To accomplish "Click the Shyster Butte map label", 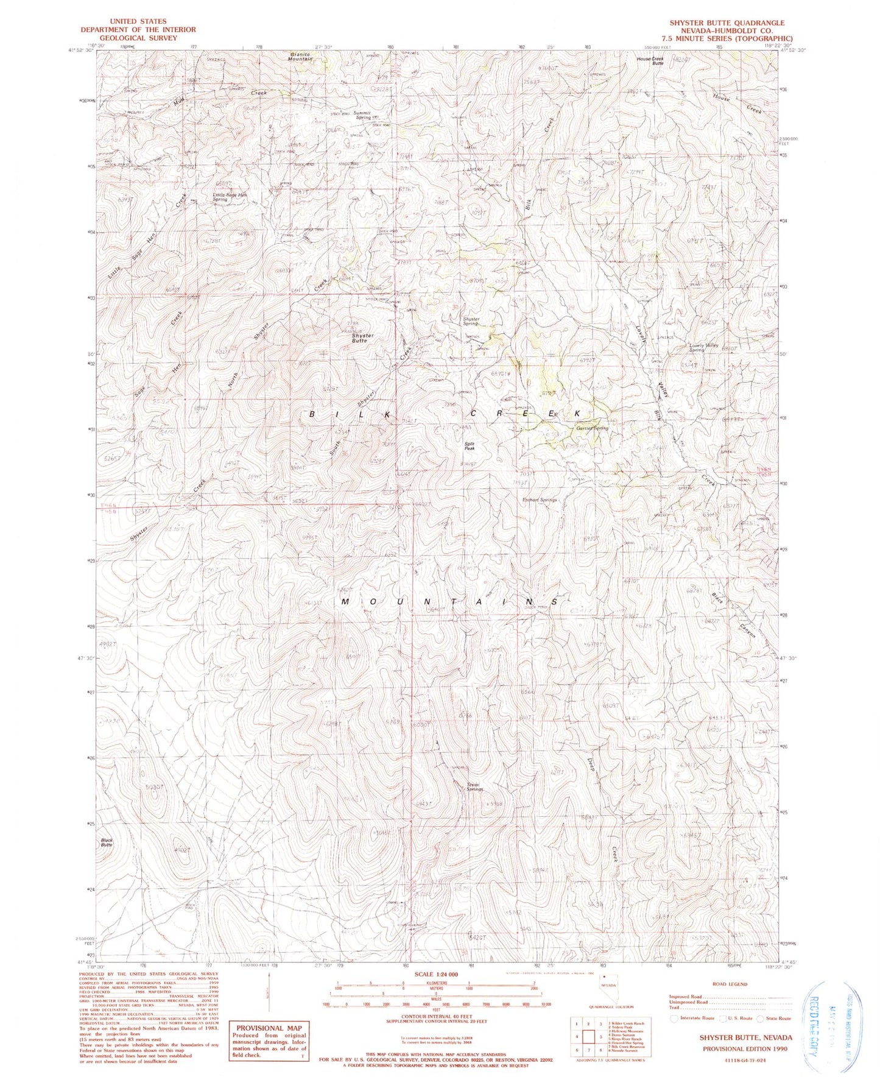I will [363, 338].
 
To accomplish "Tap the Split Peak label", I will [470, 446].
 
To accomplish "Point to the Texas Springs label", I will [473, 786].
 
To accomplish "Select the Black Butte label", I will [107, 842].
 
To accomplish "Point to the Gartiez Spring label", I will [592, 428].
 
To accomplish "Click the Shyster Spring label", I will [471, 321].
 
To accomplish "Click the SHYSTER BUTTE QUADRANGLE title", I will [727, 23].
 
